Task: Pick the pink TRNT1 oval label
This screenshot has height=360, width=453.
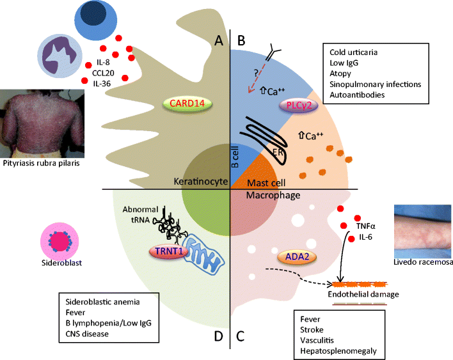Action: [x=167, y=253]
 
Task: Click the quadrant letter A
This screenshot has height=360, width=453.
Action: [x=218, y=41]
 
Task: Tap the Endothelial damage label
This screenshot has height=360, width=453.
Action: [x=363, y=294]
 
